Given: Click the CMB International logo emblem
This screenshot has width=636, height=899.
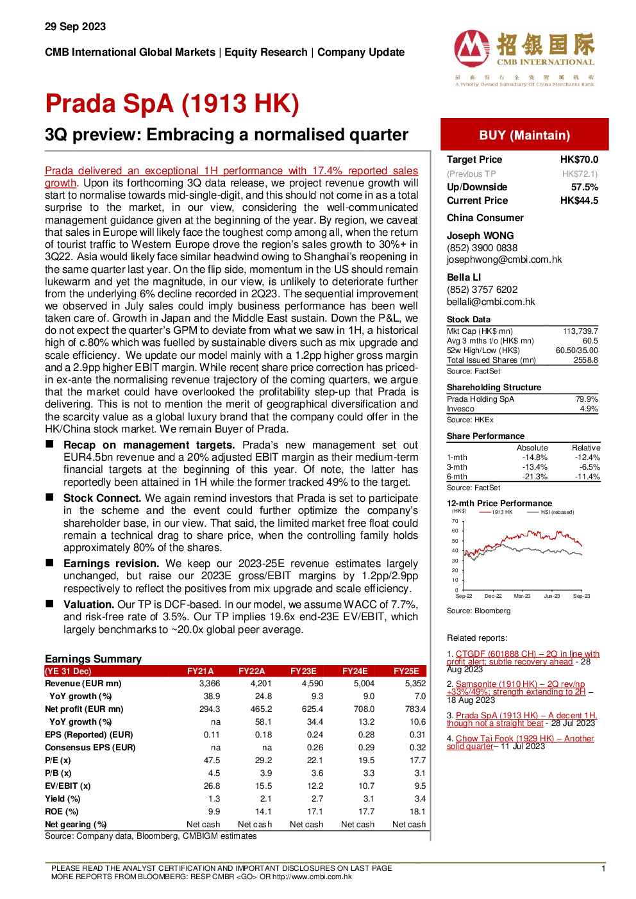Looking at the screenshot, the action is pyautogui.click(x=472, y=48).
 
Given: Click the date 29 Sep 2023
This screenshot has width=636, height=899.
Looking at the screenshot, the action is pyautogui.click(x=76, y=27).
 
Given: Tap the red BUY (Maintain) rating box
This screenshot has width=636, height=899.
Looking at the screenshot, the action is pyautogui.click(x=524, y=135).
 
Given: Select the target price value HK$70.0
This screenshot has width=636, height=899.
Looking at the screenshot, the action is pyautogui.click(x=579, y=160).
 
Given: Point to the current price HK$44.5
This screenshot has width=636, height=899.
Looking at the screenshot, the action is pyautogui.click(x=579, y=201).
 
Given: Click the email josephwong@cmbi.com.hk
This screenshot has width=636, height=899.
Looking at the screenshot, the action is pyautogui.click(x=505, y=260).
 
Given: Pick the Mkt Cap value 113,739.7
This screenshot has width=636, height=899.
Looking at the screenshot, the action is pyautogui.click(x=580, y=331).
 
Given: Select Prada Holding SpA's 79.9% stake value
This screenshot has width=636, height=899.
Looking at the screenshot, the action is pyautogui.click(x=587, y=399).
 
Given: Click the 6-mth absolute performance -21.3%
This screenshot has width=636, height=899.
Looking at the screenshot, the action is pyautogui.click(x=535, y=477).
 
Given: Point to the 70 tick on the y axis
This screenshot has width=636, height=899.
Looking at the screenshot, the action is pyautogui.click(x=455, y=521).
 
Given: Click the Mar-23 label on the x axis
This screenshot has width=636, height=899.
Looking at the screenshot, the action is pyautogui.click(x=522, y=596).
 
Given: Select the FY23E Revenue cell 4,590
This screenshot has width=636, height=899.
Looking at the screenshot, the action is pyautogui.click(x=312, y=684).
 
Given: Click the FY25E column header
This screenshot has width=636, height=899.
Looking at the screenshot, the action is pyautogui.click(x=406, y=671).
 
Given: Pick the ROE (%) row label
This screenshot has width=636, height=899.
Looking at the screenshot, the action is pyautogui.click(x=62, y=811).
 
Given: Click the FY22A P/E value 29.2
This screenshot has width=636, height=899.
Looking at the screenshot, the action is pyautogui.click(x=264, y=760).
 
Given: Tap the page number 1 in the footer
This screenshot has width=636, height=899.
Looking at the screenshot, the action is pyautogui.click(x=603, y=869).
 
